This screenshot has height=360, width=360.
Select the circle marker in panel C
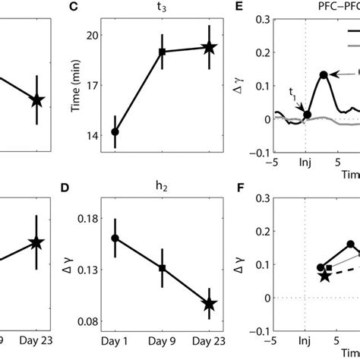click(115, 132)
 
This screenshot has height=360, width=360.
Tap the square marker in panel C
click(162, 52)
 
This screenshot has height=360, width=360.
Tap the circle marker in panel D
click(115, 238)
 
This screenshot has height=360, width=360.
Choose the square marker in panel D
click(162, 268)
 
